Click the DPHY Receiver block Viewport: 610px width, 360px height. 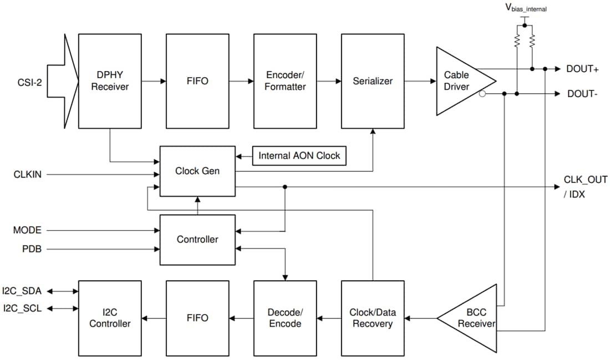pyautogui.click(x=110, y=81)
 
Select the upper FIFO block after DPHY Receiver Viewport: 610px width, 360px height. pyautogui.click(x=197, y=81)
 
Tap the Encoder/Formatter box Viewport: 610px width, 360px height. pyautogui.click(x=285, y=81)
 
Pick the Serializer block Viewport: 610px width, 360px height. pyautogui.click(x=373, y=81)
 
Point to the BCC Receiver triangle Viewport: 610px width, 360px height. pyautogui.click(x=471, y=318)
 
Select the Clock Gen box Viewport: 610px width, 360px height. pyautogui.click(x=197, y=171)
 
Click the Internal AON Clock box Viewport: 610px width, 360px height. pyautogui.click(x=299, y=156)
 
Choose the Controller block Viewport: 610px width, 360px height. pyautogui.click(x=197, y=240)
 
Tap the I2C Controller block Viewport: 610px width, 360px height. pyautogui.click(x=110, y=318)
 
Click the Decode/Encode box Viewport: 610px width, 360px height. pyautogui.click(x=285, y=318)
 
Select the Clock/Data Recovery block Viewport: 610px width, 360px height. pyautogui.click(x=373, y=318)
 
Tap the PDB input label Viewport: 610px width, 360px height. pyautogui.click(x=31, y=249)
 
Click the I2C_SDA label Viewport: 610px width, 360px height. pyautogui.click(x=22, y=290)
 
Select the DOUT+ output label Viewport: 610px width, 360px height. pyautogui.click(x=582, y=69)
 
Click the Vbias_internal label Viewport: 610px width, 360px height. pyautogui.click(x=526, y=8)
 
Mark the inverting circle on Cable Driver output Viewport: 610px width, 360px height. pyautogui.click(x=482, y=94)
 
